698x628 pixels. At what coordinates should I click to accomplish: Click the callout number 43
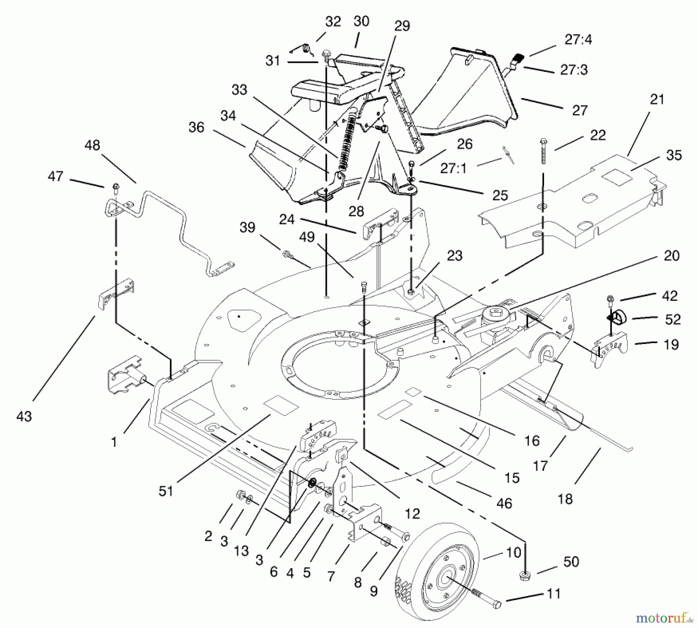click(24, 416)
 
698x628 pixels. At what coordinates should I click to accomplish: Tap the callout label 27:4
click(578, 40)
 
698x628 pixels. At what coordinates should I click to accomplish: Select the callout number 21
click(657, 100)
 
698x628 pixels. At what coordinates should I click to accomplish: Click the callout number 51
click(166, 491)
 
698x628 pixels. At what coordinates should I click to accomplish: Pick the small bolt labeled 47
click(116, 188)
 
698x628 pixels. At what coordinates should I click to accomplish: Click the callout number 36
click(196, 127)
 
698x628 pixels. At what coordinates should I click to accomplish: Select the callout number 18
click(565, 499)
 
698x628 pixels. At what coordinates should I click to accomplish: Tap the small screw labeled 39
click(287, 255)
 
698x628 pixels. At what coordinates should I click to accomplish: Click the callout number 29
click(402, 26)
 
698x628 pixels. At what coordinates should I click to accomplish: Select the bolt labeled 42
click(610, 299)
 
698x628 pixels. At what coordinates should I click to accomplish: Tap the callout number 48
click(92, 145)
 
